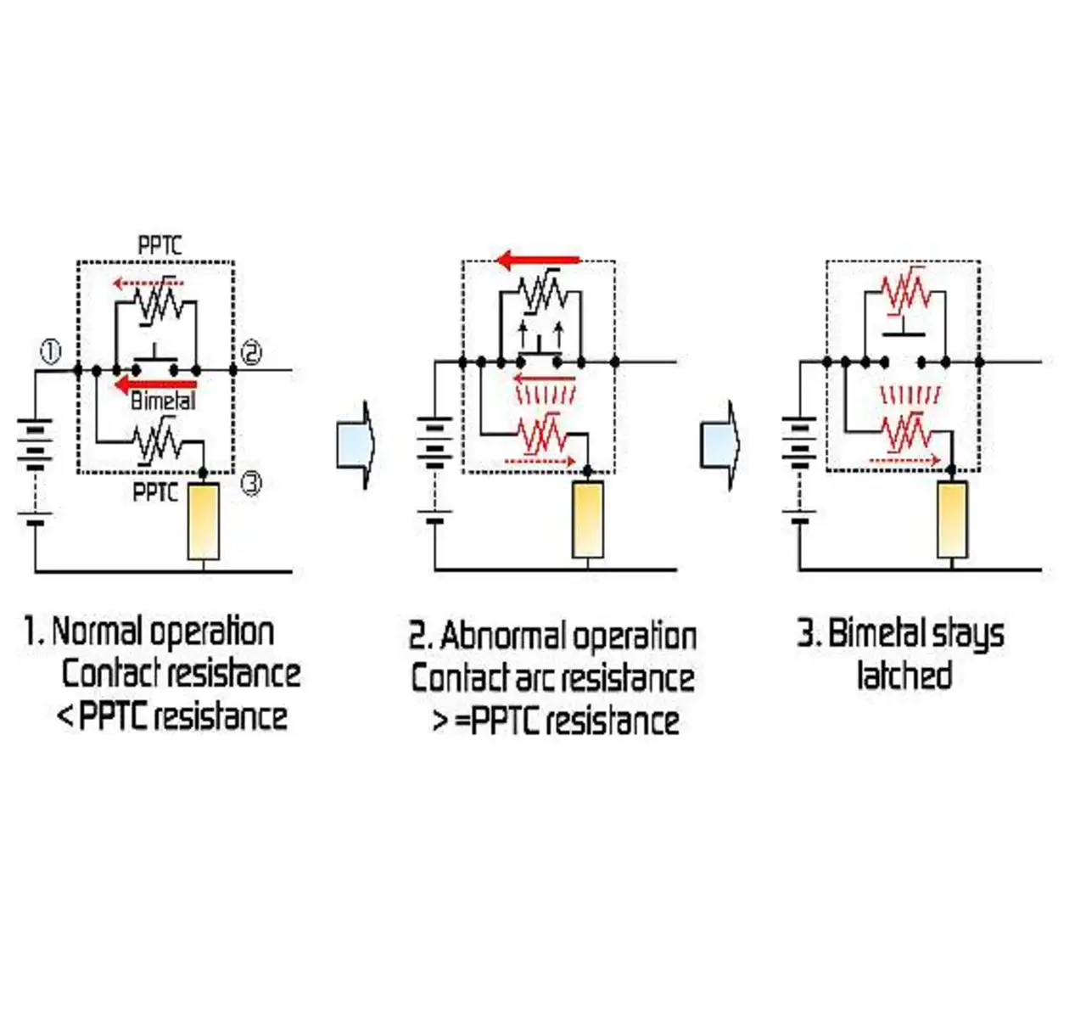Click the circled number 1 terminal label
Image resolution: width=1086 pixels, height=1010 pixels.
[52, 352]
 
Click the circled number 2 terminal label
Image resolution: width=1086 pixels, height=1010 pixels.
[251, 352]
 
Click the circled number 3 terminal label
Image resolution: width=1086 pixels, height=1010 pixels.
[251, 484]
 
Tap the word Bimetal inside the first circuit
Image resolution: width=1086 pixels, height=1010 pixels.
[163, 401]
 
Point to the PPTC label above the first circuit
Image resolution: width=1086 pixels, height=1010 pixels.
[160, 245]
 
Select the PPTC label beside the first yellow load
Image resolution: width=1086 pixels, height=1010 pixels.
[156, 492]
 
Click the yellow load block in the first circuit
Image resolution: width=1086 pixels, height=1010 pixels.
[204, 521]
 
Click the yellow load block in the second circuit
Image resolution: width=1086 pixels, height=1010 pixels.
[588, 519]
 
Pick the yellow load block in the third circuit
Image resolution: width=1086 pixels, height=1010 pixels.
[952, 519]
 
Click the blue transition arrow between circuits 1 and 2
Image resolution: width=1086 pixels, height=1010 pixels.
[355, 445]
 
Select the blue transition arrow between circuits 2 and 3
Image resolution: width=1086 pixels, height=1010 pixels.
[720, 445]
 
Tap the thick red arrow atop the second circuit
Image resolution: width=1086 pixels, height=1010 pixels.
[539, 260]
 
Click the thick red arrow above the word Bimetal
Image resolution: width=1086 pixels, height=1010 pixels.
[155, 384]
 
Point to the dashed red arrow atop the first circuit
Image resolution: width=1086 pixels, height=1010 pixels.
[148, 283]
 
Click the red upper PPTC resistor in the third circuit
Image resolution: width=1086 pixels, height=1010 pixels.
[905, 292]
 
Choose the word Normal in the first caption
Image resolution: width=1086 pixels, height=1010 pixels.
[101, 631]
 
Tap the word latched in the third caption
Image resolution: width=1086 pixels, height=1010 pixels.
[904, 675]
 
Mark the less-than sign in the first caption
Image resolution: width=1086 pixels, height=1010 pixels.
[64, 716]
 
